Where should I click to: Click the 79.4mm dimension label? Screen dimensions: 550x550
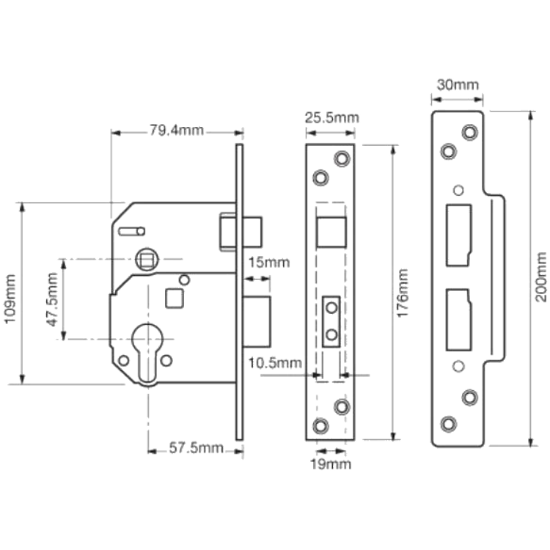point(177,131)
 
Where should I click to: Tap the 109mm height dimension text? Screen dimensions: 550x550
point(10,299)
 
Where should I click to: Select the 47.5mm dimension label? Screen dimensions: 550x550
point(52,299)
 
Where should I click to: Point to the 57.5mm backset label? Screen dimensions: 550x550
point(196,448)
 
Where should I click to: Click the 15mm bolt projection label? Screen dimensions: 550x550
point(269,263)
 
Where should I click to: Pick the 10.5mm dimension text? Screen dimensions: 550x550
point(275,363)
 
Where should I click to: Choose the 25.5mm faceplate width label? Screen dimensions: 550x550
point(331,118)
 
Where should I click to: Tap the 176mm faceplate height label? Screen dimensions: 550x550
point(403,293)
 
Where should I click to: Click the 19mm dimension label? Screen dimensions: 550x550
point(331,464)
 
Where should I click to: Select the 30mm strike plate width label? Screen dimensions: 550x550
point(458,85)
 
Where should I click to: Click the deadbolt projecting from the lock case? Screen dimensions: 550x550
point(257,322)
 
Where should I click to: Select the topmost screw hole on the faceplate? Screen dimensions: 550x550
point(342,158)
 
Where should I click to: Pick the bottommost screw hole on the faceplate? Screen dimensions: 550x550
point(320,426)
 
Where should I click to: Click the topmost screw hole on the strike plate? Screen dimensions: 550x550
point(469,132)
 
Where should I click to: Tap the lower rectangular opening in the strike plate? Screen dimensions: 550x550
point(458,320)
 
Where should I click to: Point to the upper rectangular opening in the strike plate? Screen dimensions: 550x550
point(458,235)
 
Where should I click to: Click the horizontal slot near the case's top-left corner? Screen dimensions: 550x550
point(131,232)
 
